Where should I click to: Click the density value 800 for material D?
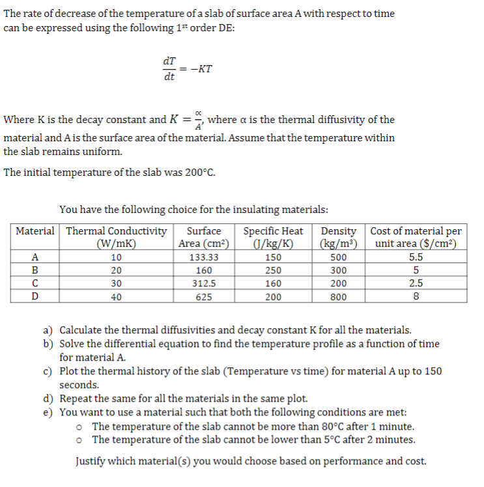tap(338, 297)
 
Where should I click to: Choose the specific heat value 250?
tap(273, 270)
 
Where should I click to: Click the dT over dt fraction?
tap(169, 68)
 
